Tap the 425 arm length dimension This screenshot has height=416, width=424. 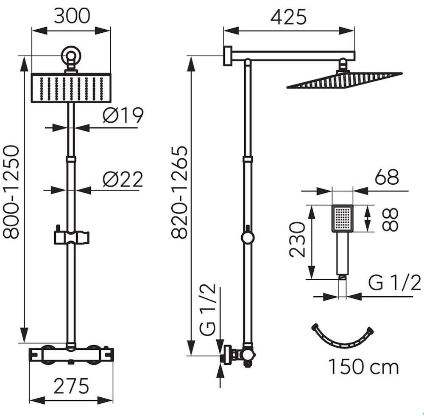click(x=288, y=17)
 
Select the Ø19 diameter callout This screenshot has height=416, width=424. click(x=123, y=115)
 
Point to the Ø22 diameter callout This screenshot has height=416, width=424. click(x=123, y=179)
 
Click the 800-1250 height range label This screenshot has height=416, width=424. click(x=11, y=192)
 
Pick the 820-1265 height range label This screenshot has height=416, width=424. click(x=179, y=192)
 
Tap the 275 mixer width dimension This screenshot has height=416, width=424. click(x=71, y=386)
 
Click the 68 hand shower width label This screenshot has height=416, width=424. click(x=387, y=177)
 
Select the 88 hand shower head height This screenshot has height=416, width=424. click(x=390, y=219)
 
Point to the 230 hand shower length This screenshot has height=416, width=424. click(x=297, y=239)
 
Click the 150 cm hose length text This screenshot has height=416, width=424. click(x=364, y=367)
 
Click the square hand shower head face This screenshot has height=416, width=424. click(x=342, y=219)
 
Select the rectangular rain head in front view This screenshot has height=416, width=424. click(x=71, y=88)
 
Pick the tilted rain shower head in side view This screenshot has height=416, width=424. click(x=344, y=80)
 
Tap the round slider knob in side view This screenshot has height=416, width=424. click(x=248, y=237)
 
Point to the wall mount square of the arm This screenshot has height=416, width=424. click(x=228, y=56)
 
